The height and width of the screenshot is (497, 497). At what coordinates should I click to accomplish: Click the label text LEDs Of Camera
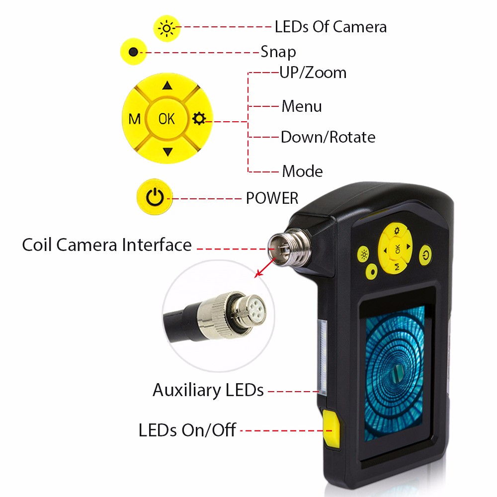pos(331,27)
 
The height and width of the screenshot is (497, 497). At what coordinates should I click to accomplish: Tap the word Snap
pos(278,52)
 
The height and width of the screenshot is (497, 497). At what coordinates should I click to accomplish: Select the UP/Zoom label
pos(313,73)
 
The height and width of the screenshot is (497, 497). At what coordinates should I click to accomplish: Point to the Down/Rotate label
pos(328,137)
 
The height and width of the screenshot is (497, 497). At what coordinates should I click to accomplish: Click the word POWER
pos(272,198)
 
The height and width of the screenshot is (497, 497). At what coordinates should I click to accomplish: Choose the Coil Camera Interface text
pos(107,245)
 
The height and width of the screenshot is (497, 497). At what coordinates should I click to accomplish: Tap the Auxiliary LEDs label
pos(208,390)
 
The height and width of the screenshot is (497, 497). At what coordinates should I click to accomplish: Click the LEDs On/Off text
pos(187,430)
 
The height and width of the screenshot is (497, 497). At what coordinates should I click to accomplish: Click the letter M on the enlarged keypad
pos(134,119)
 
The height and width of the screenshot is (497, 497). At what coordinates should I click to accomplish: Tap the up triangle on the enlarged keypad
pos(167,85)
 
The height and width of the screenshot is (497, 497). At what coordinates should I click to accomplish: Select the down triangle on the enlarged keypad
pos(167,152)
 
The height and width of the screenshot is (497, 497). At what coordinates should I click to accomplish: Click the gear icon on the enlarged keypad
pos(199,119)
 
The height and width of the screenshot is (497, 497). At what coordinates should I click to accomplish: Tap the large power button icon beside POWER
pos(155,197)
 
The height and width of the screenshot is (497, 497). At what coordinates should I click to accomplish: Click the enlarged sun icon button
pos(166,28)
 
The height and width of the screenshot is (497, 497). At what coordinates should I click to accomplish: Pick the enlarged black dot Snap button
pos(133,52)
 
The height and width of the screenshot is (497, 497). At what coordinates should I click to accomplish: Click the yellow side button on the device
pos(331,428)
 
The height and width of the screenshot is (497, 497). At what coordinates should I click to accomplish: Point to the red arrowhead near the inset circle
pos(259,273)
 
